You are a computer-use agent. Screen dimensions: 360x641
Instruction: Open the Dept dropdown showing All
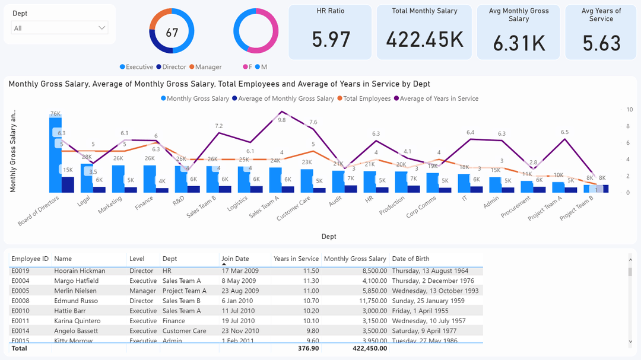click(x=59, y=28)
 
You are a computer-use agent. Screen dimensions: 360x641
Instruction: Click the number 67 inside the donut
click(x=172, y=33)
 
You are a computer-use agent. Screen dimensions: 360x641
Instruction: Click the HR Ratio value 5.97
click(x=331, y=40)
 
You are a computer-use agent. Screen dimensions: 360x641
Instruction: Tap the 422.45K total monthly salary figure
click(x=424, y=39)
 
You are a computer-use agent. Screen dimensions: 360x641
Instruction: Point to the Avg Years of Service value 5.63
click(x=601, y=43)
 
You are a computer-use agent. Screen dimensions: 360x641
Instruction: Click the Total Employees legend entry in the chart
click(x=367, y=98)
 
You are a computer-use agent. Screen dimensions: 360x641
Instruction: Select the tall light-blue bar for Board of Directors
click(x=55, y=154)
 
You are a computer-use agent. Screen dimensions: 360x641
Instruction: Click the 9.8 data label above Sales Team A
click(x=282, y=120)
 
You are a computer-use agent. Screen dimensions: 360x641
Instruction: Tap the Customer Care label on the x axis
click(x=294, y=209)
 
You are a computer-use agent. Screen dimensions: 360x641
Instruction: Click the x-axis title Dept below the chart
click(x=329, y=236)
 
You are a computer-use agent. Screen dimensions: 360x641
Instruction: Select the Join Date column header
click(x=235, y=259)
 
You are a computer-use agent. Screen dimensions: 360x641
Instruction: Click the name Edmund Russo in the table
click(x=72, y=301)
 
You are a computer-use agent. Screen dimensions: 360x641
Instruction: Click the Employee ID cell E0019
click(x=21, y=270)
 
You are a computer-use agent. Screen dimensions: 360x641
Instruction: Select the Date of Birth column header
click(x=411, y=259)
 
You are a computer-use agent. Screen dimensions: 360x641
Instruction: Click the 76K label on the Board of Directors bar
click(x=55, y=113)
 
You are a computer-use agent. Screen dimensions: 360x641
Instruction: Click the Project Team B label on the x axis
click(x=576, y=209)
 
